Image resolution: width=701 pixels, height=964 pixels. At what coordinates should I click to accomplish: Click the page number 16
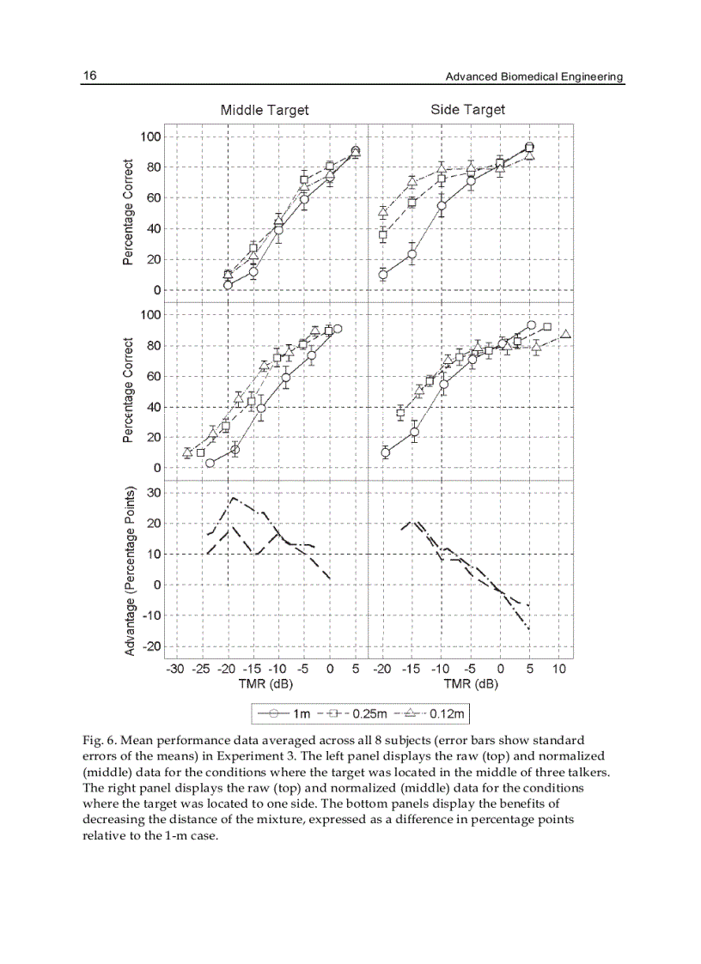(89, 76)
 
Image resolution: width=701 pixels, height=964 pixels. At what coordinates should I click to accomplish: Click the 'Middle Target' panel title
(265, 110)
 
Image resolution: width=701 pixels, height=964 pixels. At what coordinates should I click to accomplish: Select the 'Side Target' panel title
(467, 109)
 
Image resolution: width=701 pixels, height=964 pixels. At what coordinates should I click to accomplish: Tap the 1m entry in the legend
(289, 713)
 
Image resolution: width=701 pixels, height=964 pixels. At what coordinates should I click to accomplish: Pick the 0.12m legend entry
(431, 713)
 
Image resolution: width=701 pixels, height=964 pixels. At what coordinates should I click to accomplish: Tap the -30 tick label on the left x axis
(175, 669)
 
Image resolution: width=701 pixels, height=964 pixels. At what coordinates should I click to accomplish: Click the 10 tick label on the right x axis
(558, 669)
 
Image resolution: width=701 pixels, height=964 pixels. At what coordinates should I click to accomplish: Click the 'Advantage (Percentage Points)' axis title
(131, 573)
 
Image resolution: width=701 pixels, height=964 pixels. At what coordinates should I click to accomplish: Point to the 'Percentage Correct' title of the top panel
(128, 212)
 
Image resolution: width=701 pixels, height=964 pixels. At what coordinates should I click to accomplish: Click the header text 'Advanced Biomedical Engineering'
(533, 76)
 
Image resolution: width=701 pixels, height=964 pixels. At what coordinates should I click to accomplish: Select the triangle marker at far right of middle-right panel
(565, 334)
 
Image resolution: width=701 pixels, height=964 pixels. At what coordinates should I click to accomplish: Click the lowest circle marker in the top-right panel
(383, 275)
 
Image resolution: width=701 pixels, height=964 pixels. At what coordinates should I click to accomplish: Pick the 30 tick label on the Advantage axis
(154, 493)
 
